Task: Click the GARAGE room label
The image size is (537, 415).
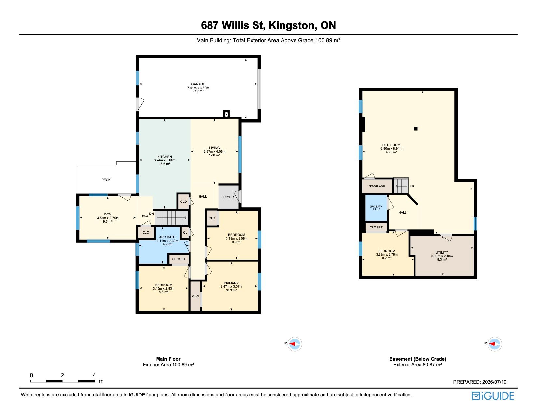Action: click(198, 84)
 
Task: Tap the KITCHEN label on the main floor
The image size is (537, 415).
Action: click(164, 157)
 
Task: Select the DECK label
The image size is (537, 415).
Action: click(106, 180)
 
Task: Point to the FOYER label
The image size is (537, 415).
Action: click(228, 197)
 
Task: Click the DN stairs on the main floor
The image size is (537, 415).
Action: click(172, 217)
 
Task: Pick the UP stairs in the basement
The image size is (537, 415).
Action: click(401, 186)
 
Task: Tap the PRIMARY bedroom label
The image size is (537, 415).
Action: click(231, 283)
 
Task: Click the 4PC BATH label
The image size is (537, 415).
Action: click(167, 237)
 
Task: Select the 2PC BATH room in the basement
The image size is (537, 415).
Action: click(376, 208)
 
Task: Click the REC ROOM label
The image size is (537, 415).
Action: click(391, 145)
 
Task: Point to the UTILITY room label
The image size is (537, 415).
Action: click(442, 252)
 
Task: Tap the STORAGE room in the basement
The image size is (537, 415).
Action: click(377, 186)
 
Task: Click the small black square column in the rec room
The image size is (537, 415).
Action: click(416, 129)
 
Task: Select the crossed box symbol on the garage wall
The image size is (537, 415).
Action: click(226, 114)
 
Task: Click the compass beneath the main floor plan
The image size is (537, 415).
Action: click(295, 344)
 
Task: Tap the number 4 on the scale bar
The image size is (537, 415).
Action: click(94, 375)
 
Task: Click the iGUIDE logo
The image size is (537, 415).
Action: click(493, 396)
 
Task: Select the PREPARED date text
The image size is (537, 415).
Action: click(480, 382)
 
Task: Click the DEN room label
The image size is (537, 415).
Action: click(108, 214)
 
